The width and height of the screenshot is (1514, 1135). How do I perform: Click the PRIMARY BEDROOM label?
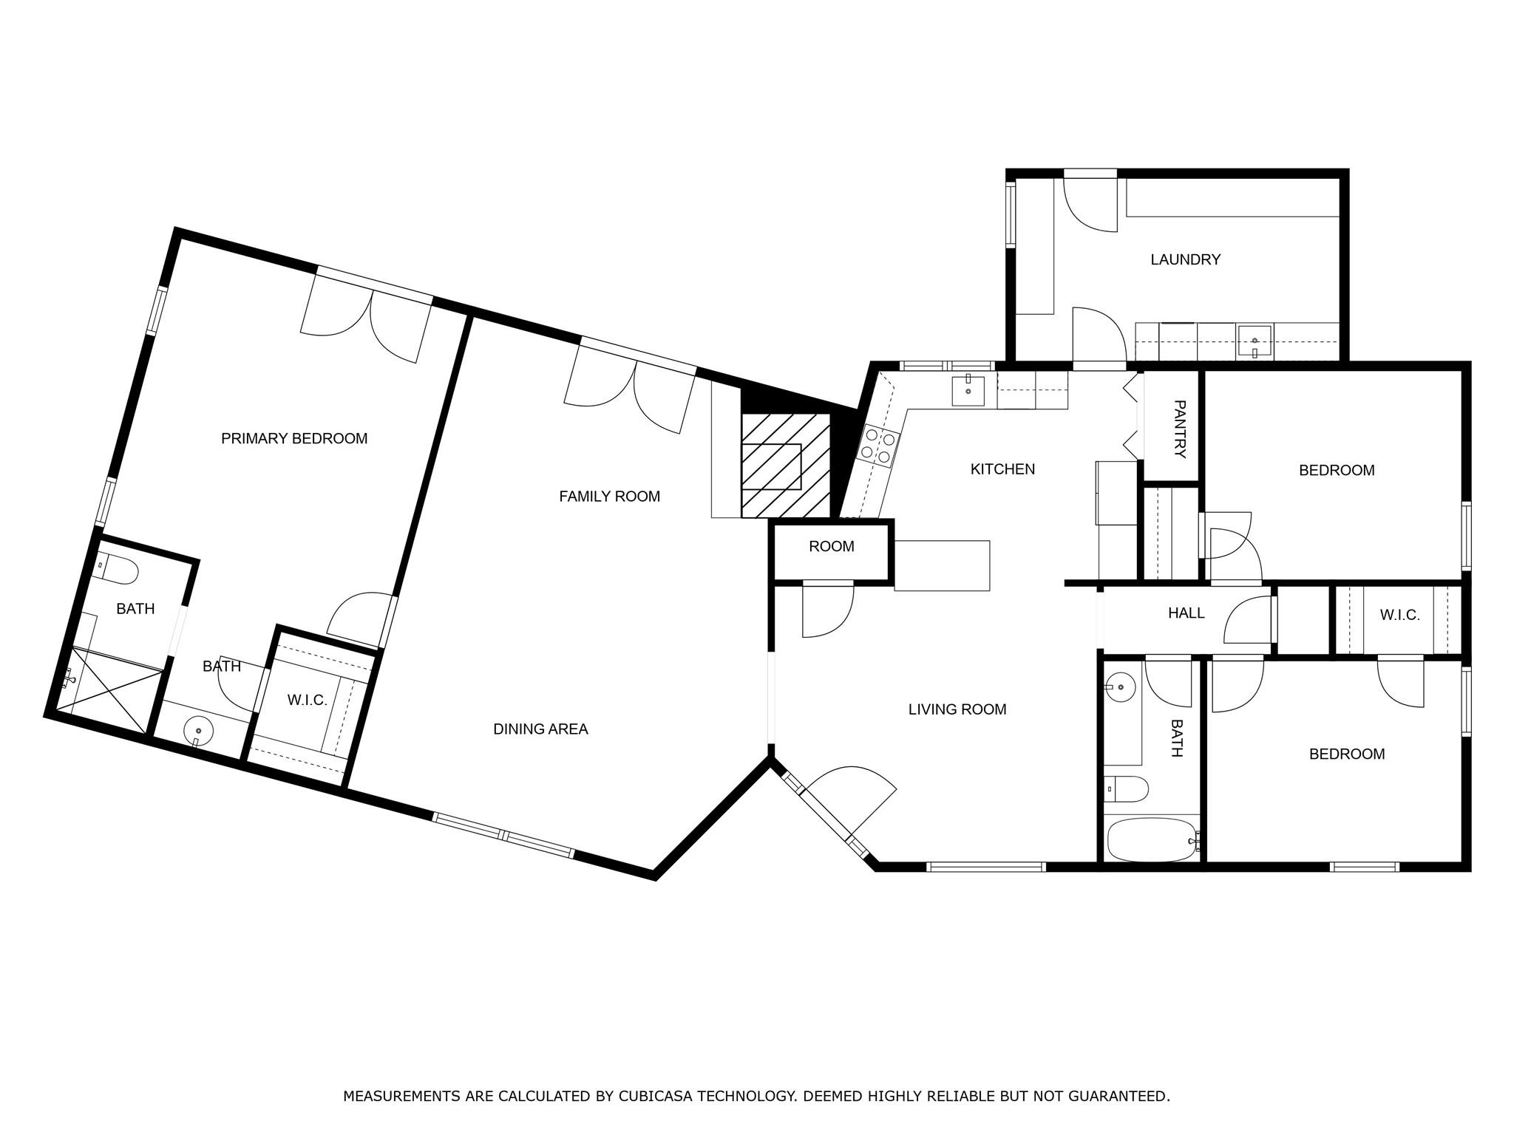coord(294,438)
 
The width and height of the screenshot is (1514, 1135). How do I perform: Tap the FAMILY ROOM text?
coord(609,497)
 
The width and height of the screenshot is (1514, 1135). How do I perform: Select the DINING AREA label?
coord(540,729)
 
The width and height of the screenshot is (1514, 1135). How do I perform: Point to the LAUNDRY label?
coord(1185,259)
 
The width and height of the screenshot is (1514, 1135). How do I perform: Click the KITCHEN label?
coord(1002,469)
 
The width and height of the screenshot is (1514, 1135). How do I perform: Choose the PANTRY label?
coord(1179,429)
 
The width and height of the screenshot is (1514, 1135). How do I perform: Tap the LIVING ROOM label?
coord(957,709)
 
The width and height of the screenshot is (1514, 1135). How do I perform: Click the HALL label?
coord(1186,613)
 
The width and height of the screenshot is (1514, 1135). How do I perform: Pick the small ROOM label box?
coord(832,547)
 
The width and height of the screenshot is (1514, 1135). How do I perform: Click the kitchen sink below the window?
coord(968,390)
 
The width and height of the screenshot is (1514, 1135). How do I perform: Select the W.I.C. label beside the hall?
coord(1399,616)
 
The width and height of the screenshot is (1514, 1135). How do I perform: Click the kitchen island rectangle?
coord(942,566)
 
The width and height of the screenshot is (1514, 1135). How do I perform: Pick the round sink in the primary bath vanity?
coord(198,731)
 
